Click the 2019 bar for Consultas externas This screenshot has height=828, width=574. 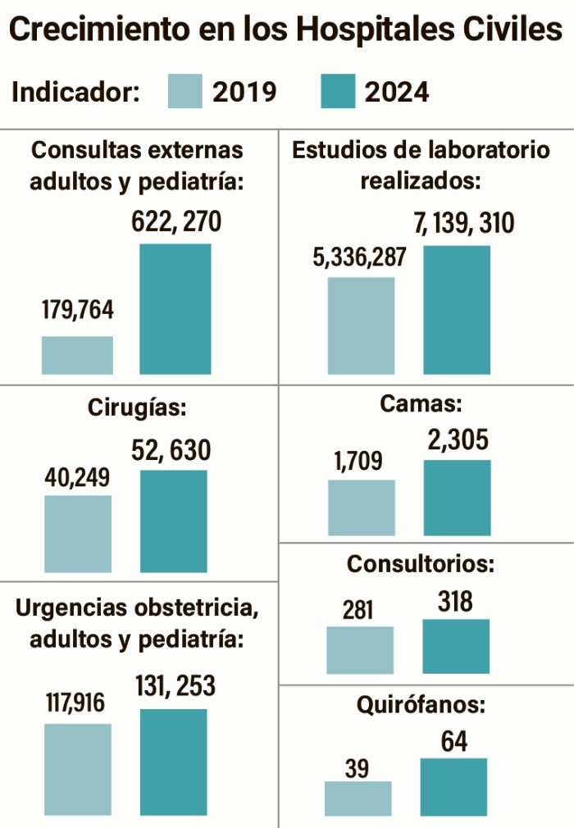(77, 355)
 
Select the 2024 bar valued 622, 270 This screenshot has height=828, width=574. (175, 309)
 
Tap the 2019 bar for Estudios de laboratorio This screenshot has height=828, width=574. (361, 325)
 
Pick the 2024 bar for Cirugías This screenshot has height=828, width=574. (173, 521)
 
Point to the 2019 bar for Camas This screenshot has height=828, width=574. (361, 507)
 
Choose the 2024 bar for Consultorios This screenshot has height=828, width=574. (456, 646)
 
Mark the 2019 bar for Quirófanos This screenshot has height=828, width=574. (358, 798)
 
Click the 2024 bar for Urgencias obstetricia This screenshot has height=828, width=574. (173, 762)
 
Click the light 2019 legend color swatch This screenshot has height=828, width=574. (184, 91)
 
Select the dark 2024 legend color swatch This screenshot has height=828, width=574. (338, 91)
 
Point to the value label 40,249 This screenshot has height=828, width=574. (77, 477)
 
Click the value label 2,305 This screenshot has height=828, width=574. (458, 441)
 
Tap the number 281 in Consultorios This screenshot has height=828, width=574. (358, 610)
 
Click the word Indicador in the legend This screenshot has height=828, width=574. (75, 92)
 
